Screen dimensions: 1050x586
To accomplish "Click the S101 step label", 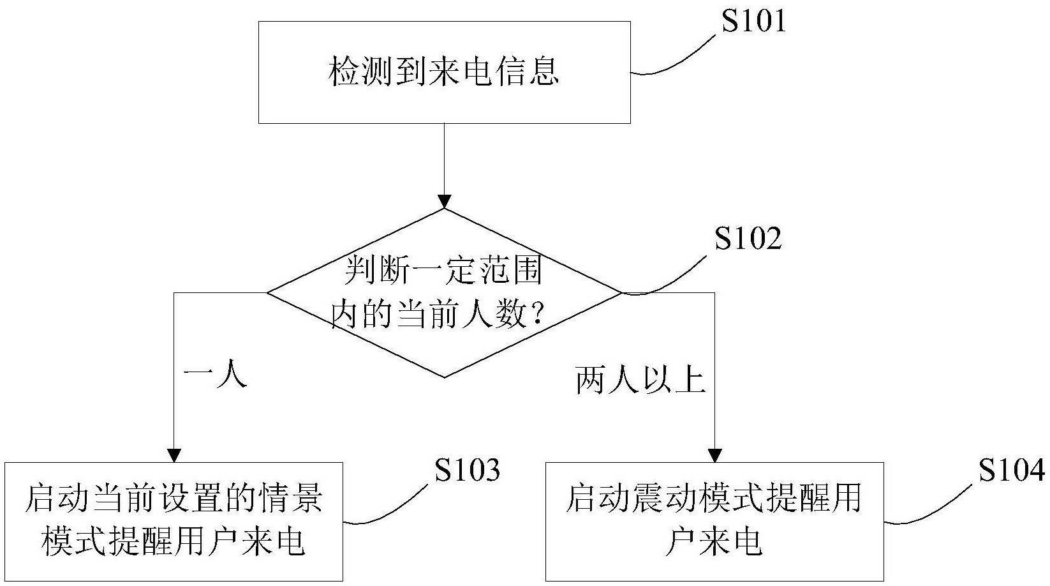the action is coord(753,22).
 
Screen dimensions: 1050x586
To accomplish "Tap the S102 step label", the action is coord(748,238).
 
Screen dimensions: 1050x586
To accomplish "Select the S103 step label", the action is coord(468,470).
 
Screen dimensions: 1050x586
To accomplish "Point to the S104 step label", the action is coord(1012,470).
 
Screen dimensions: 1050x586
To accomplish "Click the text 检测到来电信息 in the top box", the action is coord(443,71).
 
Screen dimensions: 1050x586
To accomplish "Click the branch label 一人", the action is coord(215,377).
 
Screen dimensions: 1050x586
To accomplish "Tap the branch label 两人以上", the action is coord(640,380).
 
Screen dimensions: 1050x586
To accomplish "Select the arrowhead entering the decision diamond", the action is coord(444,202).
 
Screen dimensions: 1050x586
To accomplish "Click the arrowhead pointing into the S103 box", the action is coord(174,456).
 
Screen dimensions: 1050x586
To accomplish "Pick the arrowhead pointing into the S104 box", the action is coord(714,456).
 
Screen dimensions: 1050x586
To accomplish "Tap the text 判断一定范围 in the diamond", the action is coord(443,271).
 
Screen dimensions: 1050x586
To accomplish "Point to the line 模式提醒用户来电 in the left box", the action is coord(174,541).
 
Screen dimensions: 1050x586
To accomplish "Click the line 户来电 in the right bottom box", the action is coord(714,541).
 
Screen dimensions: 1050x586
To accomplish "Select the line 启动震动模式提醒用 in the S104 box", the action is coord(714,499).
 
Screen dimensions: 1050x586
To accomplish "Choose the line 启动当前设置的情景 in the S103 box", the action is coord(174,499).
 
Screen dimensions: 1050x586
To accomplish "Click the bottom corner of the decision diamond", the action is coord(444,377).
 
